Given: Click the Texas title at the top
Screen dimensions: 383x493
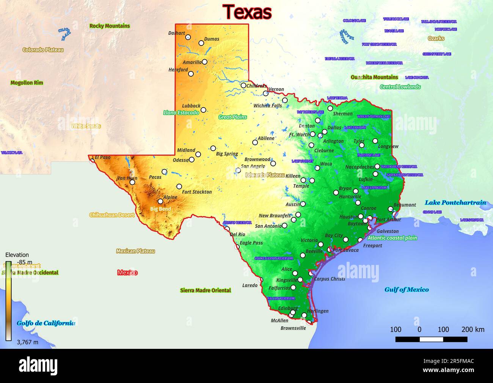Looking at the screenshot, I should click(247, 12).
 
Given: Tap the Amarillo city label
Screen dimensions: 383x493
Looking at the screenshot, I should click(192, 62).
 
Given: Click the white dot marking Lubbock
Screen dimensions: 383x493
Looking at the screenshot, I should click(203, 110).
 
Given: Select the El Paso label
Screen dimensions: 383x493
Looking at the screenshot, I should click(102, 157).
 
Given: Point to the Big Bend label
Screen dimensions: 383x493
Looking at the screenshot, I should click(160, 209).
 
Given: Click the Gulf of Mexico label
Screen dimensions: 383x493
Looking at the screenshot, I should click(407, 290).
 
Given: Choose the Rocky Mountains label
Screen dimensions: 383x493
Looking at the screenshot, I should click(110, 26).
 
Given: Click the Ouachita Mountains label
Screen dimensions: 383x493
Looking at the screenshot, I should click(374, 77).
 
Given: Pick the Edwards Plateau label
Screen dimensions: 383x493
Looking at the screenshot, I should click(265, 175).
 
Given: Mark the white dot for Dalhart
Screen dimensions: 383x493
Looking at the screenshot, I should click(188, 37).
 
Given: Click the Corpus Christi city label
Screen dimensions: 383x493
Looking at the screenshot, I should click(330, 279).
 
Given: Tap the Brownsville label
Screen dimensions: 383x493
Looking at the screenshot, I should click(293, 328).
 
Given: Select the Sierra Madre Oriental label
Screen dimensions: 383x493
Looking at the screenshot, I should click(205, 290).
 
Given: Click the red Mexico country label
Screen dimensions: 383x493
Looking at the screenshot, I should click(127, 273).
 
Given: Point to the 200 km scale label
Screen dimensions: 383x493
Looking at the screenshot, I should click(473, 329).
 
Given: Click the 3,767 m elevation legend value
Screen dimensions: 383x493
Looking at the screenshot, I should click(27, 342).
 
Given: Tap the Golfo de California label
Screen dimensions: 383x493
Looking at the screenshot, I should click(46, 323).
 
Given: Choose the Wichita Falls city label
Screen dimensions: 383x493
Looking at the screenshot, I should click(268, 106).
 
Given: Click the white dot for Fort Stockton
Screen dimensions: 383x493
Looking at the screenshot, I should click(179, 186).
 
